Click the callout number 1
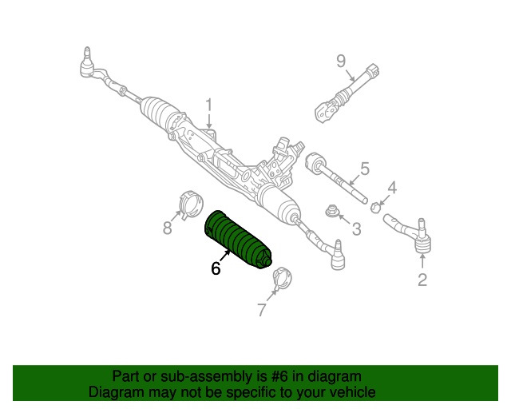(x=209, y=105)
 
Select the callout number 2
(x=422, y=280)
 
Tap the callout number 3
(x=356, y=229)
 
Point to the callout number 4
(x=391, y=189)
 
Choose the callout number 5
(x=364, y=169)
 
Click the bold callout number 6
(x=216, y=269)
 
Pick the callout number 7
(x=262, y=310)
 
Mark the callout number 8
(x=168, y=228)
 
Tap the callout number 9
(x=340, y=61)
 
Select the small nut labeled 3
(x=331, y=212)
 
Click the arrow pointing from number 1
(x=209, y=121)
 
